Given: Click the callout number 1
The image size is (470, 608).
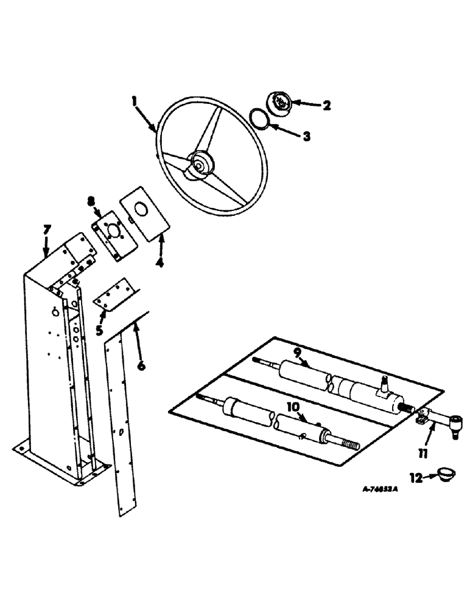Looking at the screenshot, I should tap(135, 100).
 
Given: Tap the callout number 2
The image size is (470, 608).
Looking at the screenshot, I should tap(326, 106).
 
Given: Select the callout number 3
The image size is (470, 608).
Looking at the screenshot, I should tap(306, 137).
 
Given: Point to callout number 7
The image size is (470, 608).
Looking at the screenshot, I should tap(47, 230).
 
